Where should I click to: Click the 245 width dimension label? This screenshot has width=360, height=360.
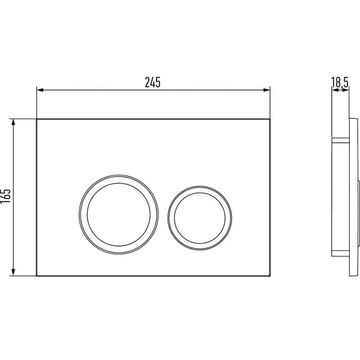pos(152,82)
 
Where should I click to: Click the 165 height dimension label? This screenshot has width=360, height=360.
pos(5,196)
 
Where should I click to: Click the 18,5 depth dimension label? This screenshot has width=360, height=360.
pos(340,82)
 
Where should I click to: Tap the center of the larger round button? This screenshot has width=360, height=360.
pos(119,214)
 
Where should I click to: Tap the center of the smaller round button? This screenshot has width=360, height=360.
pos(200,218)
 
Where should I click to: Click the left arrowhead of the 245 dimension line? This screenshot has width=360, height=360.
pos(40,90)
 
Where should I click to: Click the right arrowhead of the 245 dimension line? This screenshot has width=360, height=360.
pos(267,90)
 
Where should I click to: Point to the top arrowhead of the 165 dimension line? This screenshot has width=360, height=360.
pos(13,122)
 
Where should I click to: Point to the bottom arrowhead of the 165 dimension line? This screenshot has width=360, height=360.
pos(13,272)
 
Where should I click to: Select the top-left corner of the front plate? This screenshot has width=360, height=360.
pos(37,119)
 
